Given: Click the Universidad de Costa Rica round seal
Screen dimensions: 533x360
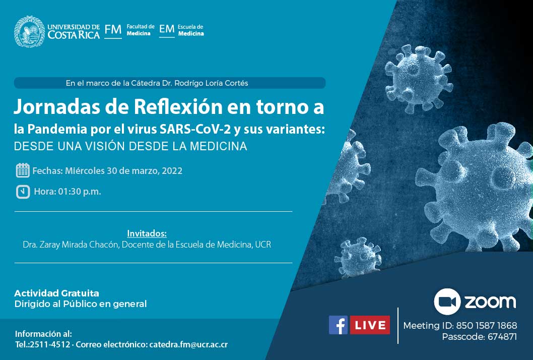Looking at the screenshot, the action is (x=29, y=31).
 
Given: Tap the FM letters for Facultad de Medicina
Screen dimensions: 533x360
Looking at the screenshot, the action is (x=113, y=30).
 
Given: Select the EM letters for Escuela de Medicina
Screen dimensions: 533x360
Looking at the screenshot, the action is (x=167, y=29).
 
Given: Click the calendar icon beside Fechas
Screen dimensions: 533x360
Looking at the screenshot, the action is (x=23, y=170).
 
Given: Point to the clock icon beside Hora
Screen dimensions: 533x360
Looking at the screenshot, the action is (x=23, y=192).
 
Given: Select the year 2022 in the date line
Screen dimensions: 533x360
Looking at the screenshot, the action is (x=172, y=170).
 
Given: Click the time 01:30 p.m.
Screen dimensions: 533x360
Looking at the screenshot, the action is (x=80, y=192).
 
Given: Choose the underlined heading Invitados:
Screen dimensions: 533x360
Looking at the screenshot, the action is (x=147, y=233).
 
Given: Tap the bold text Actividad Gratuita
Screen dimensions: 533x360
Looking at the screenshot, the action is (x=57, y=293).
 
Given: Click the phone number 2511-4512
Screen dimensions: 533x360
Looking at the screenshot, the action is (x=50, y=344).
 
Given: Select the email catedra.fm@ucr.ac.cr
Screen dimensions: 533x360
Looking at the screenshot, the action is (x=188, y=344).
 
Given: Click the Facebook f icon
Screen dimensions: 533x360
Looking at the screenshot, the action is (x=338, y=325).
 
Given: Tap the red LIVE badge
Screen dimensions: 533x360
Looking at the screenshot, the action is (x=370, y=325).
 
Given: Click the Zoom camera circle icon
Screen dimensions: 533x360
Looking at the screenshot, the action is (x=447, y=302).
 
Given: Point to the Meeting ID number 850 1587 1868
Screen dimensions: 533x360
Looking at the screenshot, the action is (x=487, y=326).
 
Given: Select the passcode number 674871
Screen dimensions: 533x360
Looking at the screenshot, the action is (x=502, y=337).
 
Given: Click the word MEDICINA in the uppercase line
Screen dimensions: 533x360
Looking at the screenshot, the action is (x=218, y=146).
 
